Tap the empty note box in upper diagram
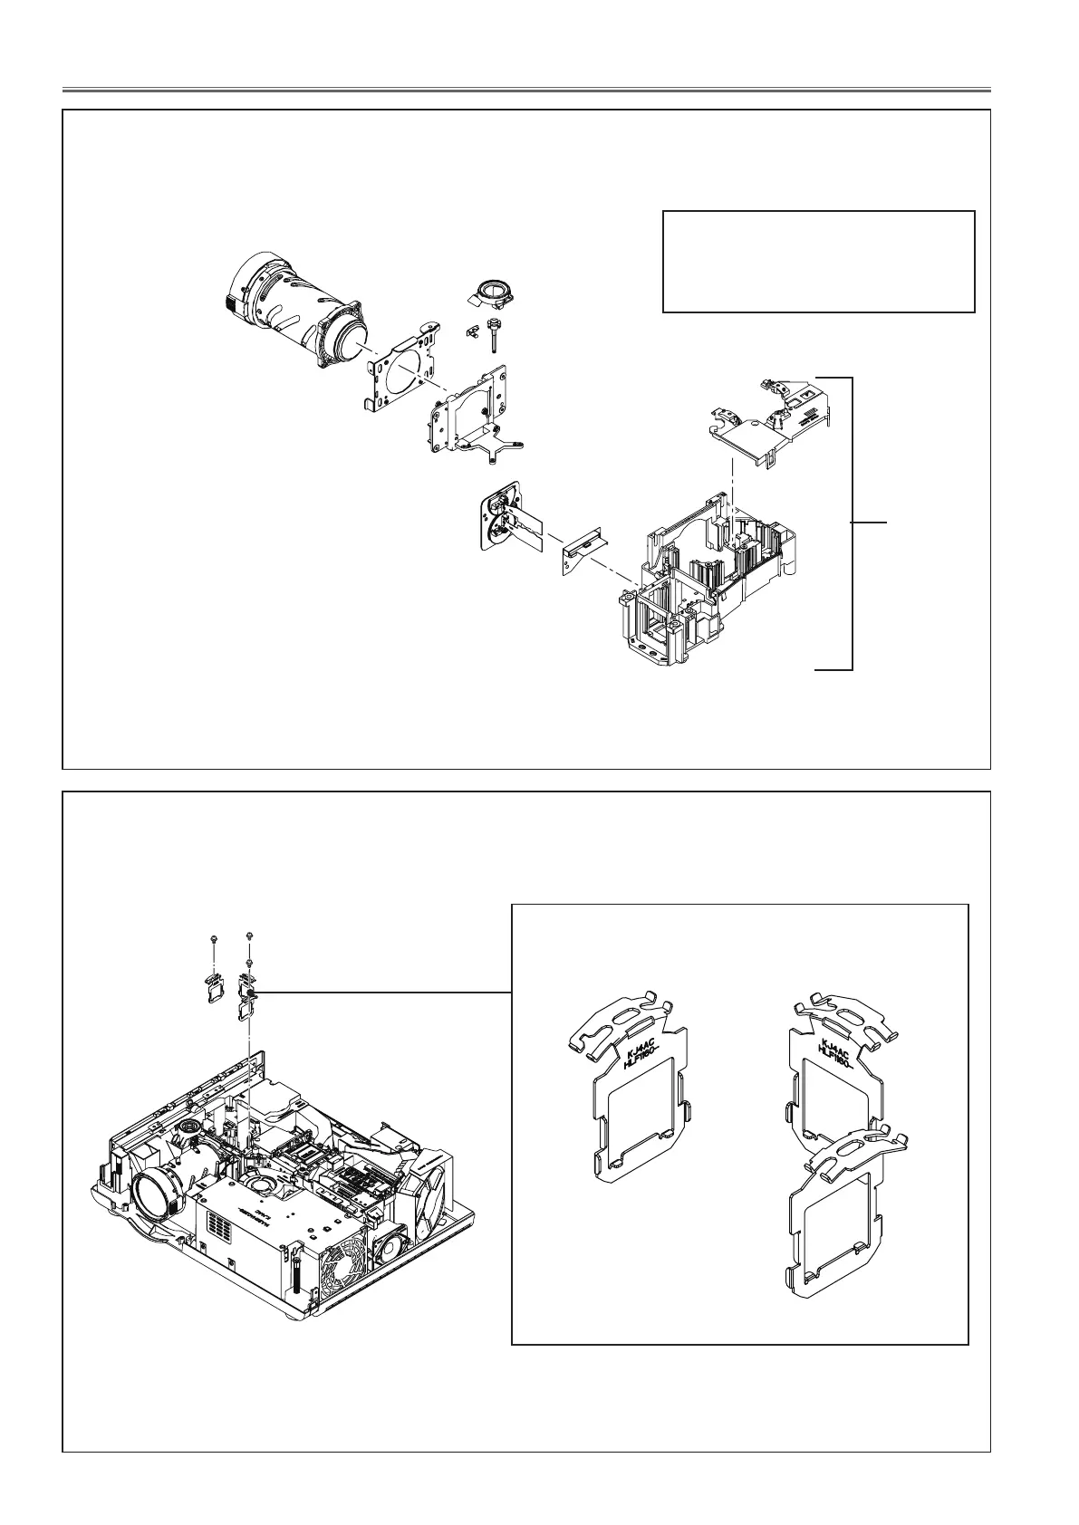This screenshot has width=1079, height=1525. pyautogui.click(x=818, y=261)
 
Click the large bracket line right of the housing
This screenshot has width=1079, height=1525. pyautogui.click(x=852, y=523)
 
